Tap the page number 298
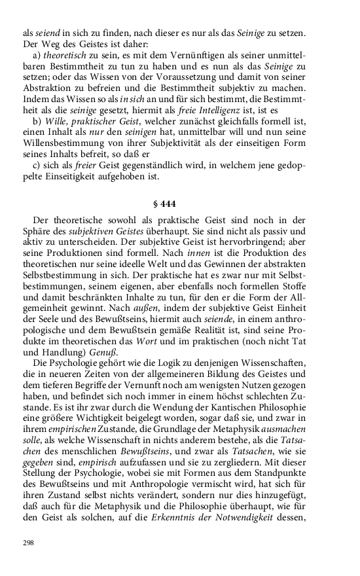tap(27, 543)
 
